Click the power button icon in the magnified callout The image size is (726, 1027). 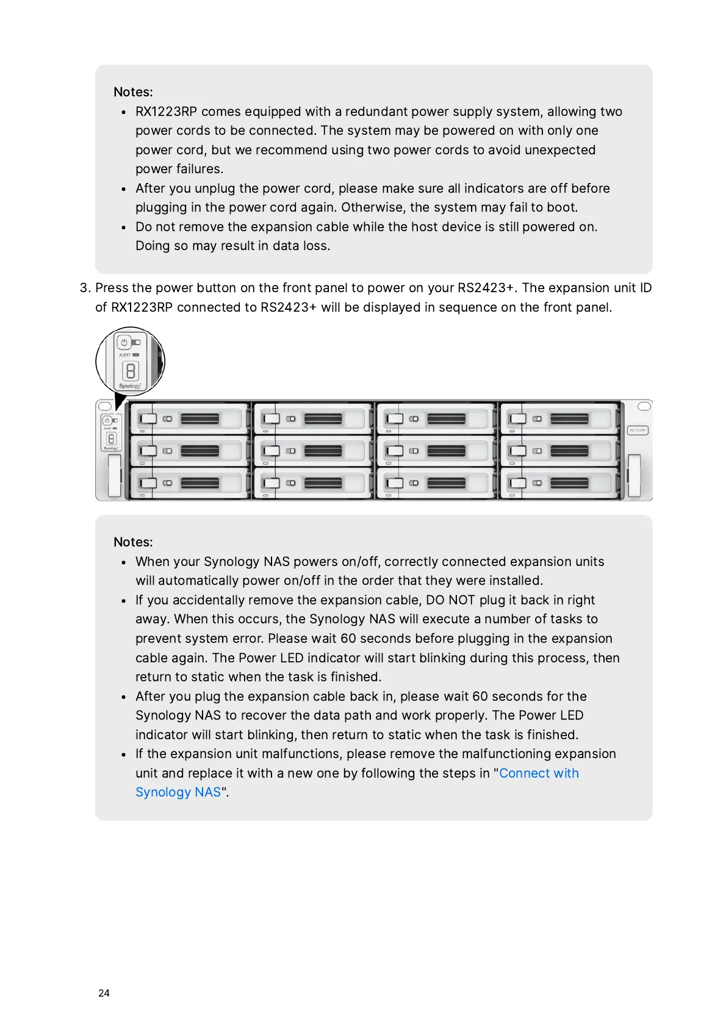124,343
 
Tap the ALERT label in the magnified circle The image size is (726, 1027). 124,355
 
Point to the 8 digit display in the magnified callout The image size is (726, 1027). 131,370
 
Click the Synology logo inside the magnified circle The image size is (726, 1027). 130,385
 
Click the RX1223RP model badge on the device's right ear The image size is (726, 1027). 638,431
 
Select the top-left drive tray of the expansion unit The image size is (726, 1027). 189,418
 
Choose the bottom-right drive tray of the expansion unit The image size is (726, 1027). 558,483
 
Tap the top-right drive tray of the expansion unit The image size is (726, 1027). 558,418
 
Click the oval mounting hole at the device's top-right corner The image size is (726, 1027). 644,406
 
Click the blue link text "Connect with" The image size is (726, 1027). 539,773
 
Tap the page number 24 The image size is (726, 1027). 104,993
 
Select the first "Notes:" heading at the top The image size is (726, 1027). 133,92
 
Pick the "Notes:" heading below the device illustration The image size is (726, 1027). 133,542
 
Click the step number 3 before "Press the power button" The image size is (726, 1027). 84,288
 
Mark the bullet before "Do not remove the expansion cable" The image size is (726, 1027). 123,227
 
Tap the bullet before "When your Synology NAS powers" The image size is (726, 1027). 123,562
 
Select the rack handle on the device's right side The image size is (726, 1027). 634,475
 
